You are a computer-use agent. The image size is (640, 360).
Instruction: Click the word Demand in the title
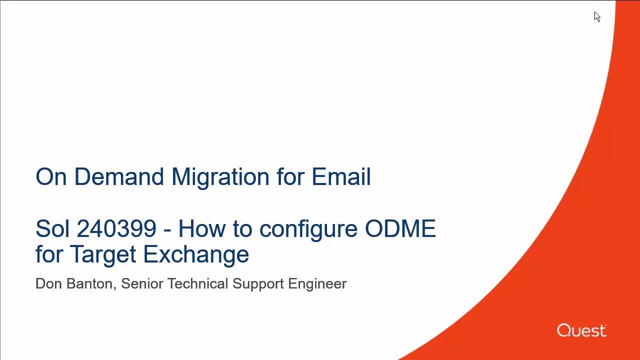(x=119, y=176)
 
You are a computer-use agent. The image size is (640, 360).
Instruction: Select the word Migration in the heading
(x=220, y=177)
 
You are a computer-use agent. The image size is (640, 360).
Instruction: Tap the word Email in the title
(x=341, y=176)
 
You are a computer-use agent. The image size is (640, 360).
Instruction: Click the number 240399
(x=116, y=228)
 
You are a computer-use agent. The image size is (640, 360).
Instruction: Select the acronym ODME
(x=400, y=228)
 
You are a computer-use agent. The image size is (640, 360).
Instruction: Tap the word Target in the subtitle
(x=103, y=255)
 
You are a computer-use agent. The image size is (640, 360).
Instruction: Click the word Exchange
(x=196, y=254)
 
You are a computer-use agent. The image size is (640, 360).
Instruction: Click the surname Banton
(x=91, y=284)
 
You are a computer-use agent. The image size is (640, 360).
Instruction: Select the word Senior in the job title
(x=142, y=283)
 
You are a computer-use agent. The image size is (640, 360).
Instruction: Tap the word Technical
(x=197, y=283)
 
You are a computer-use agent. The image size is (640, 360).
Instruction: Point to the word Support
(x=258, y=285)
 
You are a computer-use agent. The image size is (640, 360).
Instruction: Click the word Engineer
(x=317, y=285)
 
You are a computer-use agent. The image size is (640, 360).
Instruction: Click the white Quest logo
(x=581, y=330)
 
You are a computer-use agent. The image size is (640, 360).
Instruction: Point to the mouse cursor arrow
(x=597, y=16)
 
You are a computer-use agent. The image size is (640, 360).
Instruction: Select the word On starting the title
(x=51, y=176)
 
